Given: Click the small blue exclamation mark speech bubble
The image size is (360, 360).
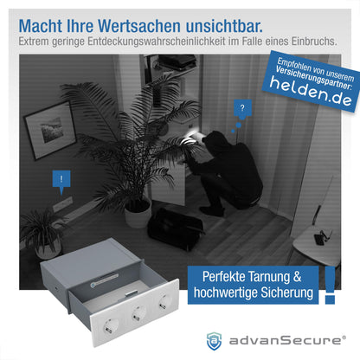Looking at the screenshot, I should [60, 181].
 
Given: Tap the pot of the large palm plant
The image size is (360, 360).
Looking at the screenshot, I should [138, 211].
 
